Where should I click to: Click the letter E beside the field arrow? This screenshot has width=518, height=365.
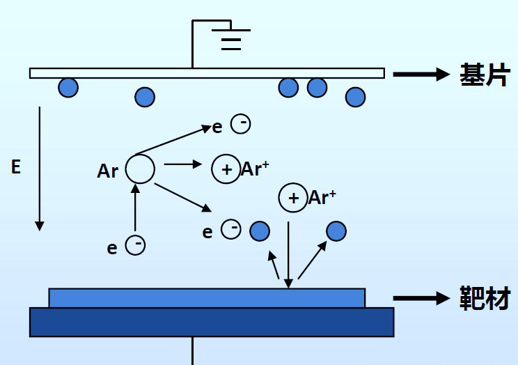coord(16,166)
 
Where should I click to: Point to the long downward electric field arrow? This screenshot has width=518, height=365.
coord(40,167)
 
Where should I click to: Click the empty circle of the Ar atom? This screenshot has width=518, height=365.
coord(140,169)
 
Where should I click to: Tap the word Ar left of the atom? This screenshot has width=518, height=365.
coord(108,171)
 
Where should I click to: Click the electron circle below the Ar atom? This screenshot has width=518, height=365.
coord(136,244)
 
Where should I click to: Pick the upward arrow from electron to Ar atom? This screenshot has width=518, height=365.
coord(136,209)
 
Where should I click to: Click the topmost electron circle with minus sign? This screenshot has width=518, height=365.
coord(241,124)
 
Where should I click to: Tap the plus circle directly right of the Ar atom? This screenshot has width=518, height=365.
coord(226,169)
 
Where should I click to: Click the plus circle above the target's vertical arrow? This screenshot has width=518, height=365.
coord(292,198)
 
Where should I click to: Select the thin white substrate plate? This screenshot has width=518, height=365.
coord(206,73)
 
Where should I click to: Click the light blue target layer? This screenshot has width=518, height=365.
coord(207,297)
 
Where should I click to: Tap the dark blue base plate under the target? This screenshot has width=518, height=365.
coord(211,322)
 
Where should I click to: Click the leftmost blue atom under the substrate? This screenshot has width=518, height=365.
coord(68,87)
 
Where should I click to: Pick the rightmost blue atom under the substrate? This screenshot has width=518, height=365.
coord(355,97)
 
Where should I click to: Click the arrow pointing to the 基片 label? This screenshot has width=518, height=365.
coord(421,74)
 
